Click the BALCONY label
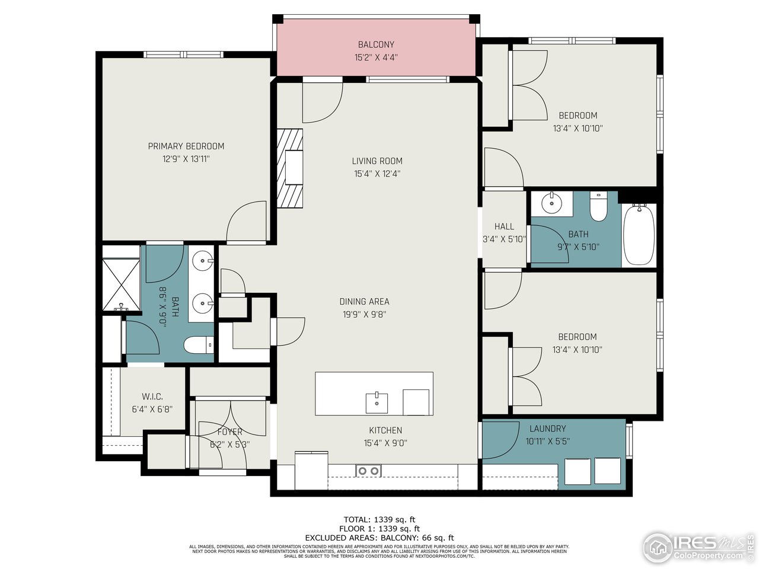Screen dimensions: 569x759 (375, 44)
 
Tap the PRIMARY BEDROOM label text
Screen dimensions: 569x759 (186, 146)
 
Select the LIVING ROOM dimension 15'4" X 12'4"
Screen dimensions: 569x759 (377, 174)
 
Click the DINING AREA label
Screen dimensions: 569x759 (364, 302)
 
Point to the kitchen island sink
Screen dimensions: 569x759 (377, 402)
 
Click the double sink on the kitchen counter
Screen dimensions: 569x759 (368, 471)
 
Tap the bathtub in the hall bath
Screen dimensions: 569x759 (639, 234)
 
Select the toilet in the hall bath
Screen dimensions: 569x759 (598, 207)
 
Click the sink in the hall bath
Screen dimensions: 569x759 (552, 203)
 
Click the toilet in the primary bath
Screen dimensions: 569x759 (197, 344)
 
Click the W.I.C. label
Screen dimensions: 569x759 (152, 397)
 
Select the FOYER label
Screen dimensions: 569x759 (229, 432)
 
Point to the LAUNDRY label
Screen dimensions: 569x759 (547, 429)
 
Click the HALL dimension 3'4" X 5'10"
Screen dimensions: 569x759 (504, 239)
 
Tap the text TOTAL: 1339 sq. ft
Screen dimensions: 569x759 (379, 520)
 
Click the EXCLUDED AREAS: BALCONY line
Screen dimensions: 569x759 (379, 538)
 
